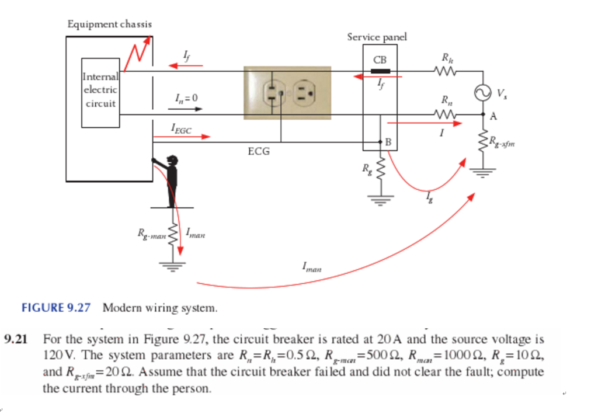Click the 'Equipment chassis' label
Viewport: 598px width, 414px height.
110,24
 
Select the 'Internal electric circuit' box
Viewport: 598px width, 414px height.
101,92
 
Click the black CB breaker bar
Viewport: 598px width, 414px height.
380,71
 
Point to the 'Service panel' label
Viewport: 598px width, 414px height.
377,37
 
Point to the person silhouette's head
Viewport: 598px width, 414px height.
172,160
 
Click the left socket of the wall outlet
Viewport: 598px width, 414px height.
274,92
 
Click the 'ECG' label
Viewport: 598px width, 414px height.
259,152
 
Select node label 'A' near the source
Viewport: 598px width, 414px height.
493,116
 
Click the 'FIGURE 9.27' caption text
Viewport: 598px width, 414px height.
56,307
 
